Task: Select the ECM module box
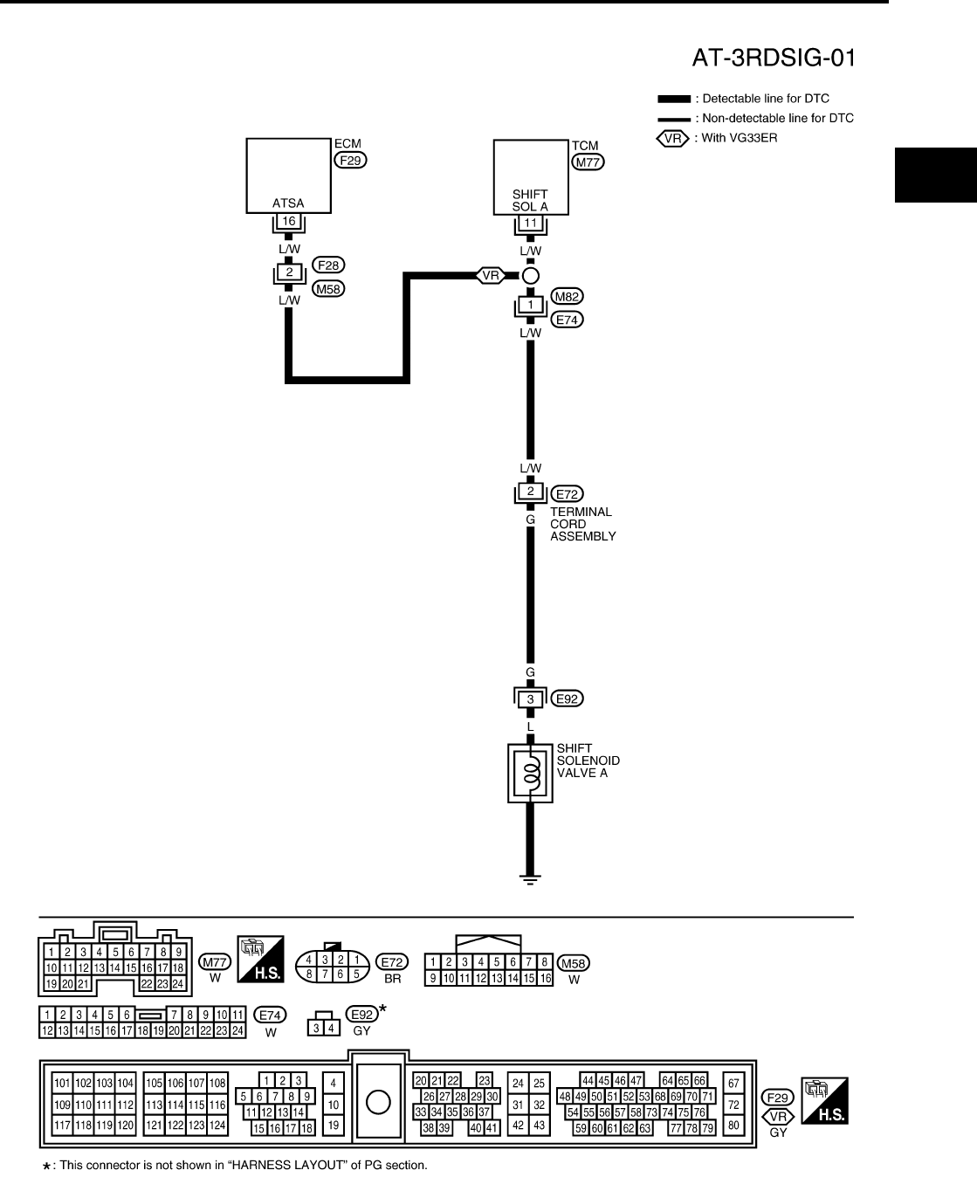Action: point(288,175)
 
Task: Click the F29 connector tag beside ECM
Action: point(352,160)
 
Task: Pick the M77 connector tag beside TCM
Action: point(588,162)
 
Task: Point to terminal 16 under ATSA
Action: point(288,222)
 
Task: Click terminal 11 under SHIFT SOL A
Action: point(530,224)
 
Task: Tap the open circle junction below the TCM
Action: point(530,277)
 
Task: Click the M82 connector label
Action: point(568,297)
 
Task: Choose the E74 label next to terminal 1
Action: point(568,320)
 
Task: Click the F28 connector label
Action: point(328,264)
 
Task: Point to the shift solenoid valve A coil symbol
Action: point(530,772)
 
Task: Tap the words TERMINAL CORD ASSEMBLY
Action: point(582,524)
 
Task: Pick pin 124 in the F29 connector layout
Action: point(217,1126)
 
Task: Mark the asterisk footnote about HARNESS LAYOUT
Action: point(236,1165)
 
